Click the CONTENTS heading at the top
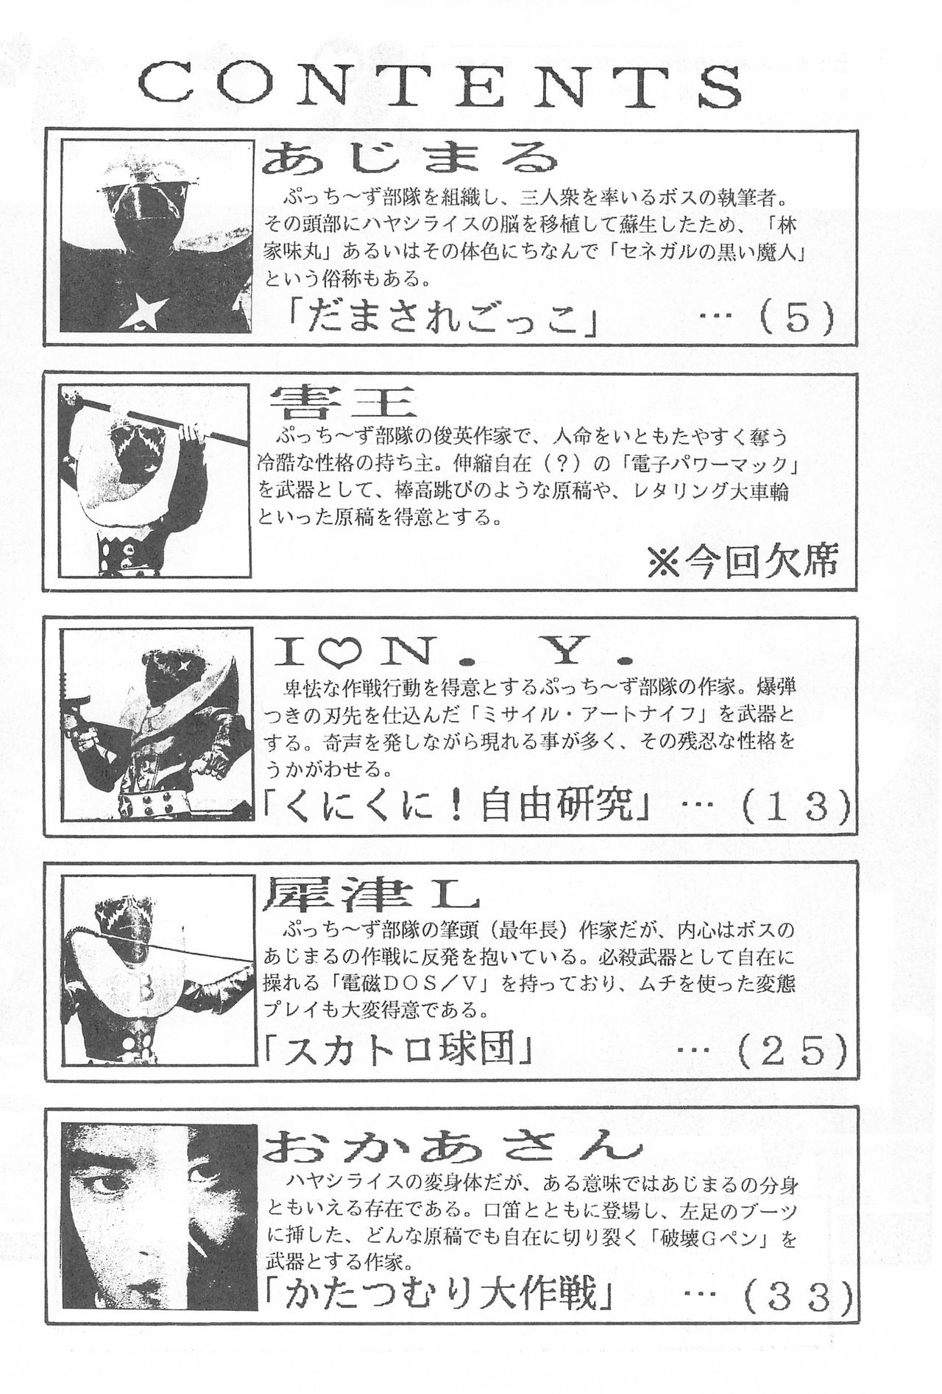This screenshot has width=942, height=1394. [x=439, y=87]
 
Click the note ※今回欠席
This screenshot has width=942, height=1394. [x=742, y=563]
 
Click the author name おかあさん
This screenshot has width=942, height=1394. [x=450, y=1144]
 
